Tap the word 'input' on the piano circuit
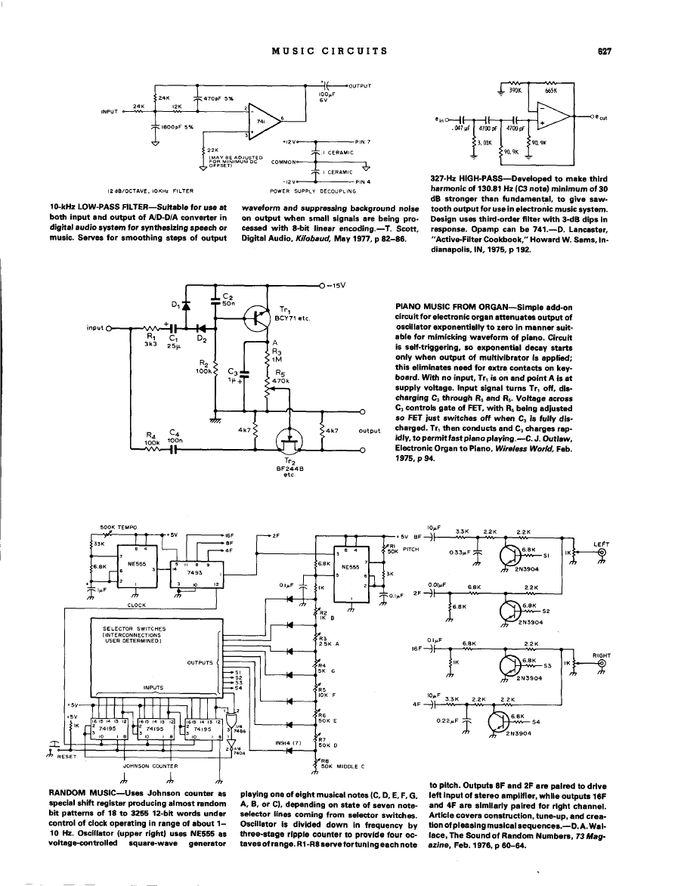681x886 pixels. click(x=96, y=329)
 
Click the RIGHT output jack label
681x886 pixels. click(x=601, y=655)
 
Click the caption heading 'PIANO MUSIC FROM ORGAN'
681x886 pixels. click(x=447, y=307)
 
